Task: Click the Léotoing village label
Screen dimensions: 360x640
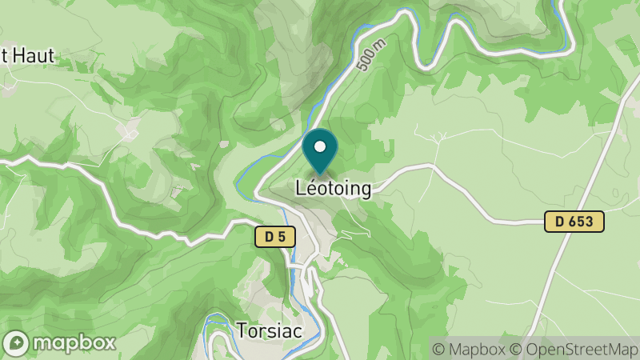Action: point(334,189)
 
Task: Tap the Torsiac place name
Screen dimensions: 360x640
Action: point(269,330)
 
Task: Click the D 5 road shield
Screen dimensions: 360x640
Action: point(275,237)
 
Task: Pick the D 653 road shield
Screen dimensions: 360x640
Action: point(574,222)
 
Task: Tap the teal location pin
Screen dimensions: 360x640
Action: point(321,152)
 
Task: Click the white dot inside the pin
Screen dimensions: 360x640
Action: point(321,147)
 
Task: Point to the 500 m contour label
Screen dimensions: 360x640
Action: point(370,54)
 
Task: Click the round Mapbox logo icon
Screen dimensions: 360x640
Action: point(15,342)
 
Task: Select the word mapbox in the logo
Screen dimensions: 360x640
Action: point(74,342)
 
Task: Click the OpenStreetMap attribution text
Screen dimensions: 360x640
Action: point(574,350)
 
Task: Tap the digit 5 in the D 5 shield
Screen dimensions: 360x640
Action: point(282,237)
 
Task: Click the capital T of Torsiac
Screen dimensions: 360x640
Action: point(242,330)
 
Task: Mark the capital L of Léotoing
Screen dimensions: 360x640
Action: point(300,189)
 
